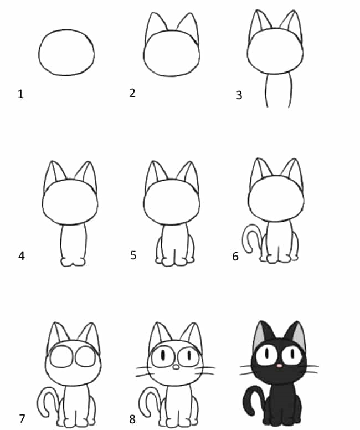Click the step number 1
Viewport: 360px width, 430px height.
20,94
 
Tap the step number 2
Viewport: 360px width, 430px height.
132,93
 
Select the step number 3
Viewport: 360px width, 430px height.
239,95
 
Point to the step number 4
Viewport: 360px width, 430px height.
22,255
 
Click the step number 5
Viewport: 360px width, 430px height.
133,255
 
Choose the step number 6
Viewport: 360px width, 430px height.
235,257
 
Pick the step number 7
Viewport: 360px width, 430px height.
22,418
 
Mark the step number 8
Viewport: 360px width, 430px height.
132,419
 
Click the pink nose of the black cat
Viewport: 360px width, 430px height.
279,366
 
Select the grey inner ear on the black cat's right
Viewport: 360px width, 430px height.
300,337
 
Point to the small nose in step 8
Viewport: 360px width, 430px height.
176,367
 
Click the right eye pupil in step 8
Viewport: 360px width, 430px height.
189,356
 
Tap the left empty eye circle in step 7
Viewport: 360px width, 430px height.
61,356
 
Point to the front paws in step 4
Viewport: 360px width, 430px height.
73,262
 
